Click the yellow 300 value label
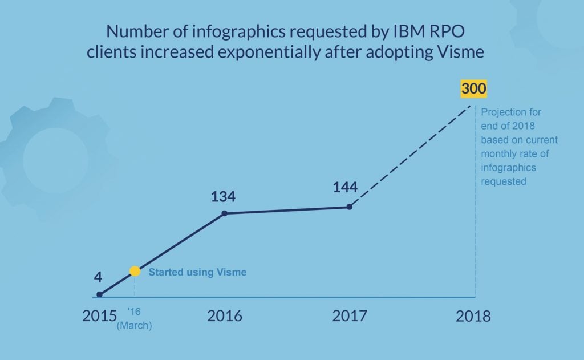tap(474, 90)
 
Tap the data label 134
tap(223, 197)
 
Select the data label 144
tap(345, 187)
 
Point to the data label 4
tap(98, 278)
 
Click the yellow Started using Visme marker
tap(135, 272)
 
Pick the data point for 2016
tap(224, 213)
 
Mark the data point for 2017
tap(349, 207)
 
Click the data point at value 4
tap(99, 294)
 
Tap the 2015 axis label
tap(99, 315)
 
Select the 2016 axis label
tap(224, 315)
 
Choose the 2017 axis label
tap(349, 315)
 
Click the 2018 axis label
tap(473, 316)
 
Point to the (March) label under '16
tap(135, 326)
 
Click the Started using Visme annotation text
tap(197, 272)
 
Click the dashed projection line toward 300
tap(411, 155)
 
